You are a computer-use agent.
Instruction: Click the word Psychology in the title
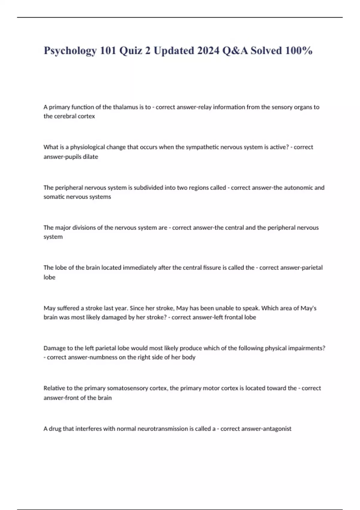(x=70, y=51)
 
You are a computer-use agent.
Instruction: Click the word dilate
(x=90, y=157)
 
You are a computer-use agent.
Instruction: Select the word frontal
(x=233, y=317)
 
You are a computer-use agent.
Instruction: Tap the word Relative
(x=54, y=388)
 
